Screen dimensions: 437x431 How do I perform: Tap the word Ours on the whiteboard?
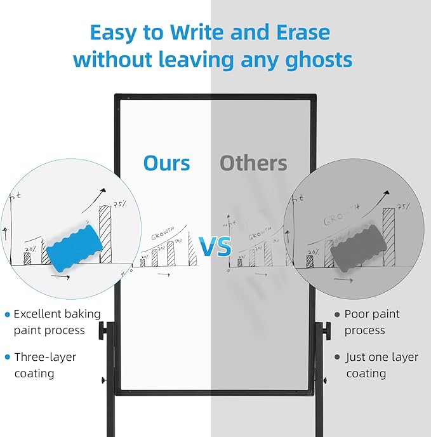(x=166, y=163)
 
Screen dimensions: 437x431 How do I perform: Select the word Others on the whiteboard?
(x=253, y=163)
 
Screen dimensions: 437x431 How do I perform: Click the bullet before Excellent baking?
(x=7, y=314)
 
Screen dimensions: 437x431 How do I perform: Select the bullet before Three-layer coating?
(x=7, y=357)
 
